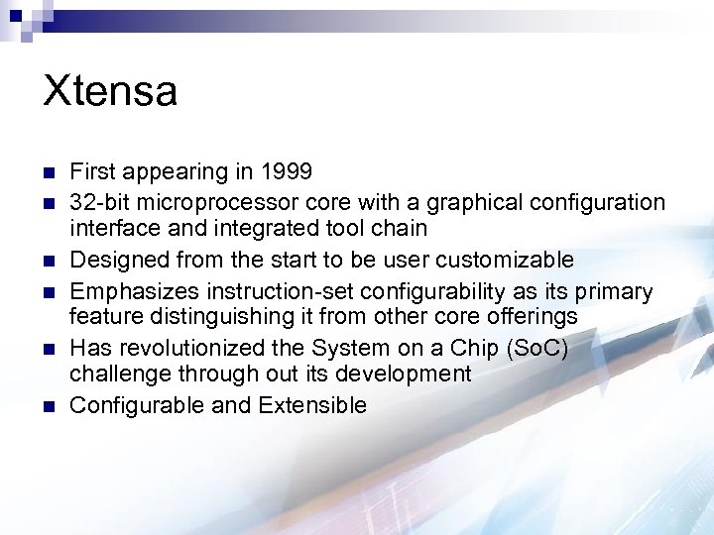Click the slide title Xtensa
point(110,92)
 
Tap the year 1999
point(286,172)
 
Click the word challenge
point(120,374)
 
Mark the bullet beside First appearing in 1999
point(48,173)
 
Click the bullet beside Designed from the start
point(48,262)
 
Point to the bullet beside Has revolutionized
point(48,350)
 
